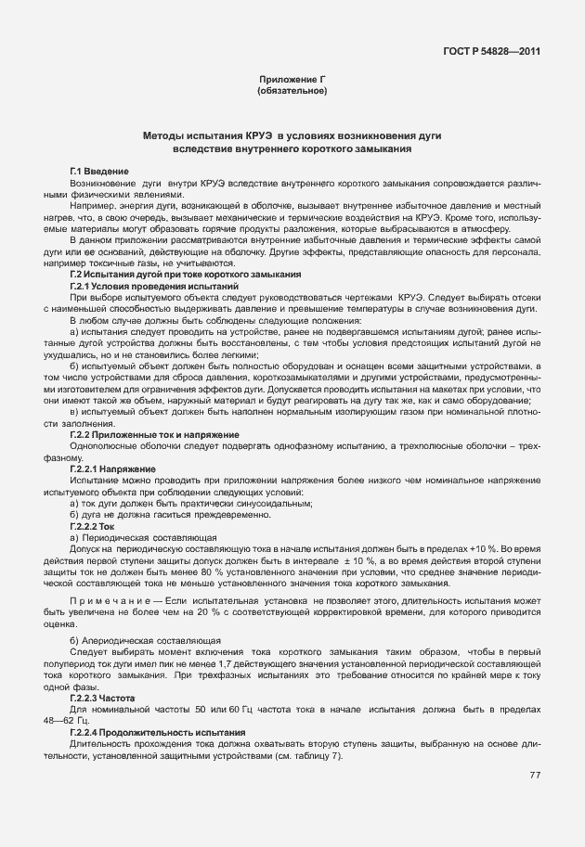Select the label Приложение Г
[x=292, y=81]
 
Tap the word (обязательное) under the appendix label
[x=292, y=91]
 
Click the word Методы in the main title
[x=166, y=136]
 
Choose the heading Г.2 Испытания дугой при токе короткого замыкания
[x=185, y=275]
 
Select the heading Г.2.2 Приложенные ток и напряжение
[x=155, y=434]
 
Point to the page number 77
[x=535, y=776]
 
